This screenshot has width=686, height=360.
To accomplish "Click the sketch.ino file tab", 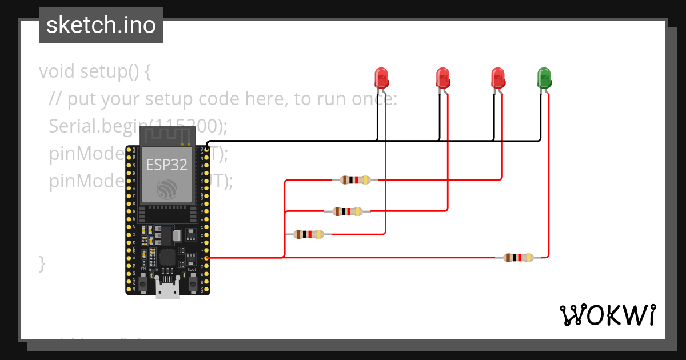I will point(101,25).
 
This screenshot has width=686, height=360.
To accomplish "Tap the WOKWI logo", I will point(607,315).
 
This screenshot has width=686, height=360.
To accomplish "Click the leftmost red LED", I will point(381,77).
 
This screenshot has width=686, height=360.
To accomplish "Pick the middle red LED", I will point(442,77).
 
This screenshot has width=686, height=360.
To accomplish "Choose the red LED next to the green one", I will point(498,77).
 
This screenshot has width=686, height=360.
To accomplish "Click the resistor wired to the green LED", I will point(518,258).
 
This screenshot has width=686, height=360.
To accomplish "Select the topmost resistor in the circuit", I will point(355,180).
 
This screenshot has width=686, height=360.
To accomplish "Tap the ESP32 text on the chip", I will point(166,165).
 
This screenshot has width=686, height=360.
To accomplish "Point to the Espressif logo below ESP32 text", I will point(167,189).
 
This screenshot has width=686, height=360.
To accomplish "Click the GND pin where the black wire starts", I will point(206,149).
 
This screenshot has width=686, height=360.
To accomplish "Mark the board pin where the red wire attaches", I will point(206,258).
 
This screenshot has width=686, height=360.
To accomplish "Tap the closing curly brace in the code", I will point(42,264).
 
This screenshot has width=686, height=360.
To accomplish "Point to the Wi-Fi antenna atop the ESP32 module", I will point(167,136).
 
